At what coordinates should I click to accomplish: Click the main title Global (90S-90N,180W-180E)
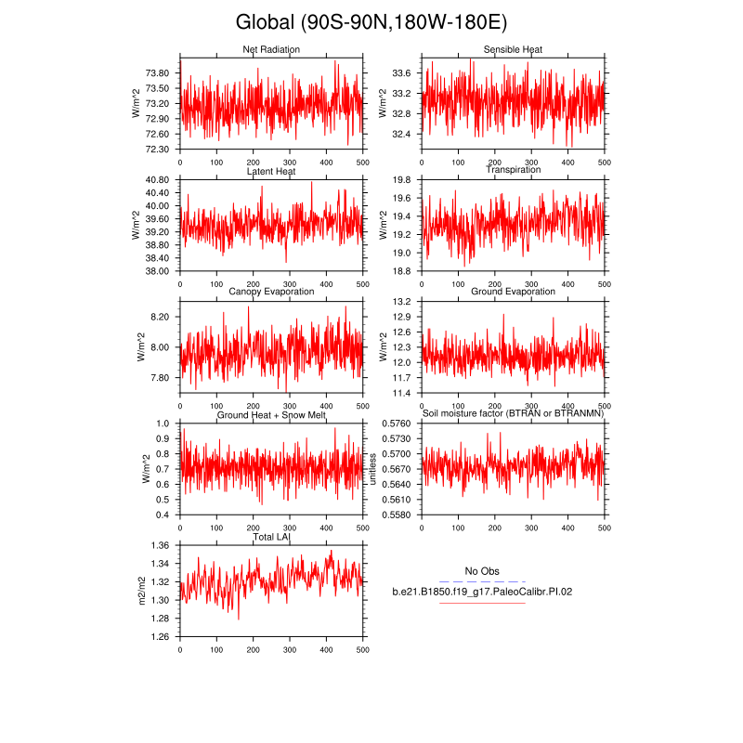(371, 21)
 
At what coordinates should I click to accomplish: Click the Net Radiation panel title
(271, 49)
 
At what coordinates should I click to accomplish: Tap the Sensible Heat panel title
(513, 49)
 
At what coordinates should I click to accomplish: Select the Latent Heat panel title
(271, 171)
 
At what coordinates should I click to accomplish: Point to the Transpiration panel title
(513, 170)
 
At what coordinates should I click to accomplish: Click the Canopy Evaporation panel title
(271, 292)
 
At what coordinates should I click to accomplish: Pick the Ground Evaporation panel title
(513, 292)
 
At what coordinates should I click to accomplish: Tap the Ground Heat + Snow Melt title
(271, 414)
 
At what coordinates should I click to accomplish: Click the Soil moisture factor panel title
(513, 413)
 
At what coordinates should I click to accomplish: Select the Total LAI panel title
(271, 537)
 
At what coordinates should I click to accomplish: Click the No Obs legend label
(482, 571)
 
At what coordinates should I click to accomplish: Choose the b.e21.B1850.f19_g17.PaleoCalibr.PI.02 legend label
(482, 591)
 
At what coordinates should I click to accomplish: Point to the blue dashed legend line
(482, 581)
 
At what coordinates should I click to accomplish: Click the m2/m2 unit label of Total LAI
(141, 590)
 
